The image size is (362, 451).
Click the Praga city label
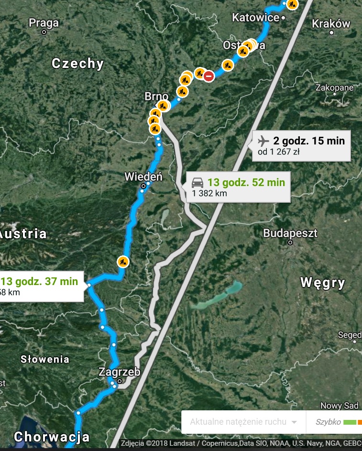click(44, 22)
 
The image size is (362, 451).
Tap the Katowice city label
click(255, 18)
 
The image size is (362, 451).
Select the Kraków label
click(330, 23)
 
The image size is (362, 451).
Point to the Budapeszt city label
click(290, 233)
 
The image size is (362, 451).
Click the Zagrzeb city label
click(119, 372)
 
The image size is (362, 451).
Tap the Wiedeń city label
click(143, 176)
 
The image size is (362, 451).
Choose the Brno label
click(156, 97)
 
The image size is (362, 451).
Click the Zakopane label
click(334, 88)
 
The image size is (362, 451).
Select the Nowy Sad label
click(339, 406)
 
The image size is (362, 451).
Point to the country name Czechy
click(77, 64)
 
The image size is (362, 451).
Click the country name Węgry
click(323, 283)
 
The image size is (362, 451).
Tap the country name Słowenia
click(45, 359)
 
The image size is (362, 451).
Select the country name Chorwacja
click(52, 437)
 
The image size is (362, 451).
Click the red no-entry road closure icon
click(208, 76)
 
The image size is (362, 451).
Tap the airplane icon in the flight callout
click(263, 141)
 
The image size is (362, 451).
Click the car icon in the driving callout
click(197, 182)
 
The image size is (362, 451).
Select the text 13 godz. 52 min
click(246, 182)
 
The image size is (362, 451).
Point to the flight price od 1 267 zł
click(278, 152)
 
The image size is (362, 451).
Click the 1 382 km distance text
click(209, 193)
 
